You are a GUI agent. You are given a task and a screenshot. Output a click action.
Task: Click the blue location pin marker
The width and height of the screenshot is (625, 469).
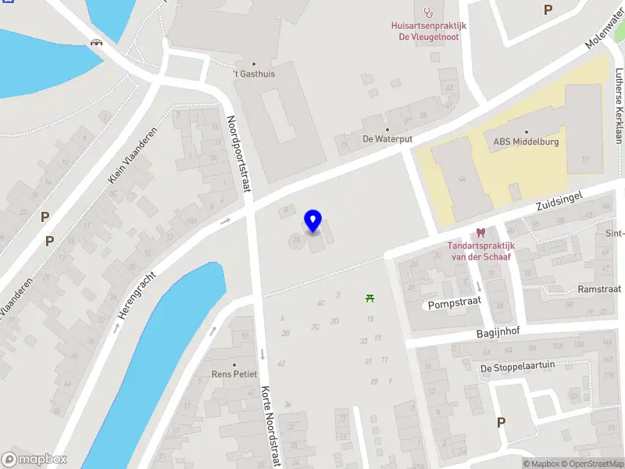pyautogui.click(x=312, y=221)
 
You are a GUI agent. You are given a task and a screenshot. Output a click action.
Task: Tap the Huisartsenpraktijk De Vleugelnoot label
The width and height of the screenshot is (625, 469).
pyautogui.click(x=428, y=30)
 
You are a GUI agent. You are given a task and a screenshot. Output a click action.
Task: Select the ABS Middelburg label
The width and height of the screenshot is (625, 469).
pyautogui.click(x=525, y=141)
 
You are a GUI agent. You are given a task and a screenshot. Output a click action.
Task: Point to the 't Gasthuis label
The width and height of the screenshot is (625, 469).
pyautogui.click(x=253, y=74)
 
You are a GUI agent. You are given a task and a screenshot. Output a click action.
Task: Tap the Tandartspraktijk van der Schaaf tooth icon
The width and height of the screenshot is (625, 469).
pyautogui.click(x=480, y=232)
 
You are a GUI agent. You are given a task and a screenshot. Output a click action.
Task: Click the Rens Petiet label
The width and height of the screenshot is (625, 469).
pyautogui.click(x=234, y=374)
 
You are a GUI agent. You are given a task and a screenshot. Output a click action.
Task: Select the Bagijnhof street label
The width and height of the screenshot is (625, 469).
pyautogui.click(x=498, y=331)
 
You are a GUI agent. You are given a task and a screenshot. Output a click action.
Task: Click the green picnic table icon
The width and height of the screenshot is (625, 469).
pyautogui.click(x=370, y=297)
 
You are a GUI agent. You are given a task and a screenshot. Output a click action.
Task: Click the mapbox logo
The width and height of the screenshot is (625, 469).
pyautogui.click(x=34, y=460)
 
